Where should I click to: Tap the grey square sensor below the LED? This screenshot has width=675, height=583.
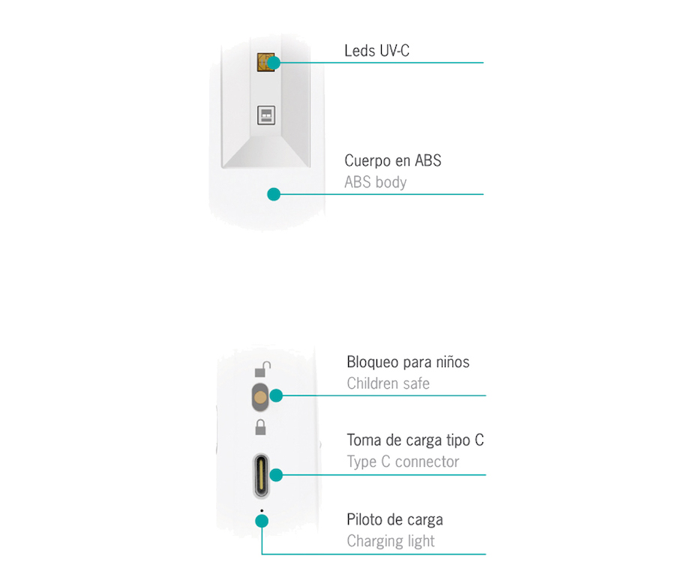(266, 115)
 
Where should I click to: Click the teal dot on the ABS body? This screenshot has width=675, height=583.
(274, 195)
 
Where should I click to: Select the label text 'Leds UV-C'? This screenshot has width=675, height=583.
(376, 51)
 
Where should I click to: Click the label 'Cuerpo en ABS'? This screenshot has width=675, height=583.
(392, 160)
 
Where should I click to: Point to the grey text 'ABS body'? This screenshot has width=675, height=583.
(376, 182)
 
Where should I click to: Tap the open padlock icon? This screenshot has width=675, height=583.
(262, 369)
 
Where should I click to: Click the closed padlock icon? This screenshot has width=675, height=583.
(260, 427)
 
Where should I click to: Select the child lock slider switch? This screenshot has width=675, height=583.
(260, 397)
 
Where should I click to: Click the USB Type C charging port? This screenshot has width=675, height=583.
(261, 476)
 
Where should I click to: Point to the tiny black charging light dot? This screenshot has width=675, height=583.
(262, 511)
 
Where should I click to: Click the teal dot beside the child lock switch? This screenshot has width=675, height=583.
(276, 396)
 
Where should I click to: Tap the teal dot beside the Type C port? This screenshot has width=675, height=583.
(276, 475)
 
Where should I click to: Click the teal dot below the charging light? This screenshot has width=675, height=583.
(262, 521)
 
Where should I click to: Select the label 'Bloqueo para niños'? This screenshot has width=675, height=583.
(408, 362)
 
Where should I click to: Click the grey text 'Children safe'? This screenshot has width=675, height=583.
(388, 384)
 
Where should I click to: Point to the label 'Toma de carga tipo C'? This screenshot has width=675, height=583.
(415, 440)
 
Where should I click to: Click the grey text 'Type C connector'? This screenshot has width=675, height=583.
(403, 462)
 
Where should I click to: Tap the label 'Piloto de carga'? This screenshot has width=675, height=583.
(394, 520)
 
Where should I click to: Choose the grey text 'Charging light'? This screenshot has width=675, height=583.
(391, 541)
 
